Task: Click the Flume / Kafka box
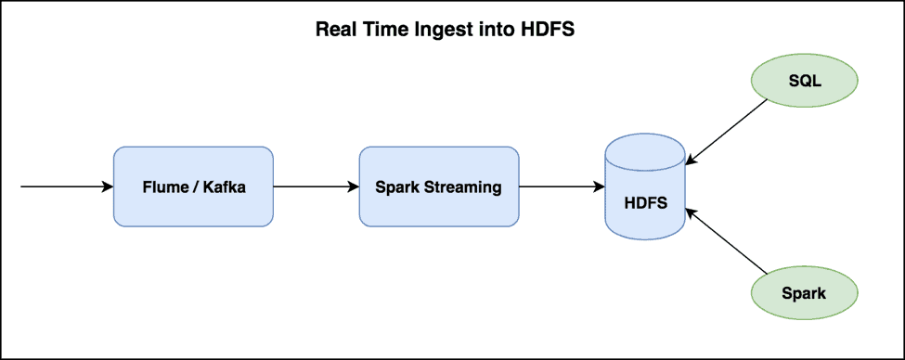193,186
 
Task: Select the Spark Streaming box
438,186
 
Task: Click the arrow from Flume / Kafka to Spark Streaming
316,186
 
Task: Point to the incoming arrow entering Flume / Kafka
65,186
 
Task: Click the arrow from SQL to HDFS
729,130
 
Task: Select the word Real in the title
334,29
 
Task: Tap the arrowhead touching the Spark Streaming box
354,186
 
